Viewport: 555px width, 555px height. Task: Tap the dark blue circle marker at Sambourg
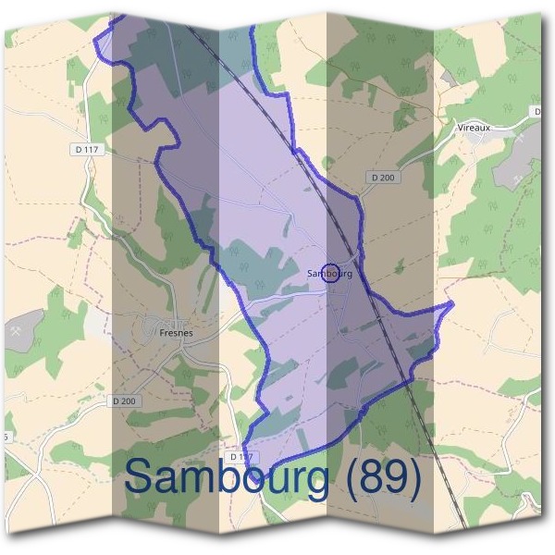(x=334, y=272)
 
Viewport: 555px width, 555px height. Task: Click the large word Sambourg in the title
(x=226, y=478)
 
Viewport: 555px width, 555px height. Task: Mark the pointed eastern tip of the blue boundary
(x=452, y=303)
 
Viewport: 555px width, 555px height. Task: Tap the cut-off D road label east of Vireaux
(x=536, y=111)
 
